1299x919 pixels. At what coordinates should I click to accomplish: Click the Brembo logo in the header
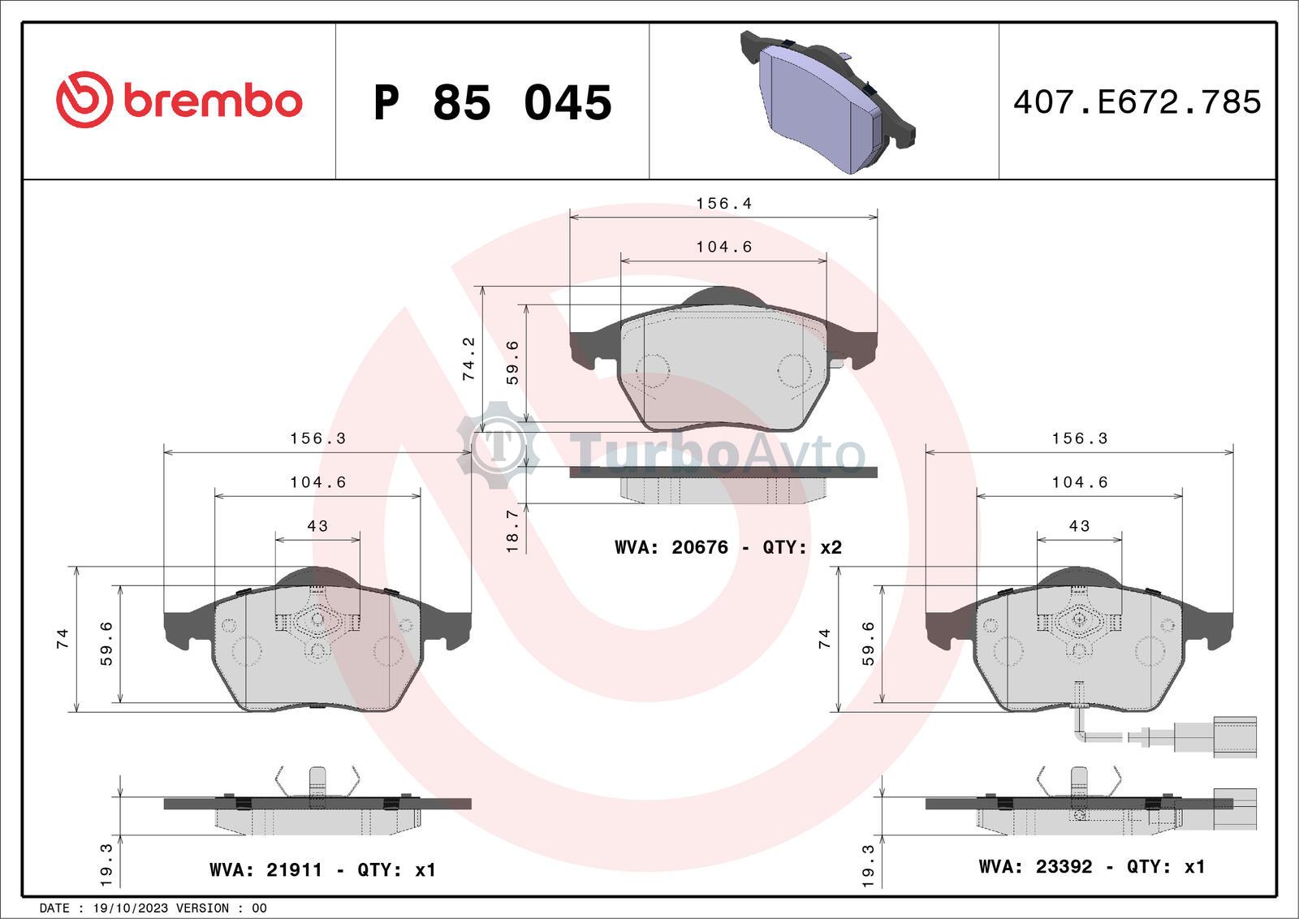click(179, 101)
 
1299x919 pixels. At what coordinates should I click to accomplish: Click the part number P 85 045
click(492, 103)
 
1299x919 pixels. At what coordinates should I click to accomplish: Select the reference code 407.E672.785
click(1137, 102)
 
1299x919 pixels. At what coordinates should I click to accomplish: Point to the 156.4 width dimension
click(723, 204)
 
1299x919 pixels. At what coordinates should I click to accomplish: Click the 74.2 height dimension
click(468, 359)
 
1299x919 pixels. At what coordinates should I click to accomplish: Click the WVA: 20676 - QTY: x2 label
click(727, 548)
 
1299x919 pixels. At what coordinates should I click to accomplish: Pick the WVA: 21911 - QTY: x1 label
click(322, 870)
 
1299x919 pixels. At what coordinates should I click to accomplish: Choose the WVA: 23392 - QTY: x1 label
click(1091, 867)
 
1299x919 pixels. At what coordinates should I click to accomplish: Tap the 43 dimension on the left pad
click(317, 526)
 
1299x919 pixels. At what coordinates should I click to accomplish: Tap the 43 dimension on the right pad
click(1079, 526)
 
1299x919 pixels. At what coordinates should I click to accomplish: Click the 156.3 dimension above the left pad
click(317, 438)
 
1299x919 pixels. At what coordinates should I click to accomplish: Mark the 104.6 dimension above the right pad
click(1079, 482)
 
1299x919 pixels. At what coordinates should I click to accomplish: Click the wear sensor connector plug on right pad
click(1234, 736)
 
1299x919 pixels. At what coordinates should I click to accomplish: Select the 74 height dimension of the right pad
click(825, 638)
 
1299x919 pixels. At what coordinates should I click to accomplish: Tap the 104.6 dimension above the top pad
click(723, 247)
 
